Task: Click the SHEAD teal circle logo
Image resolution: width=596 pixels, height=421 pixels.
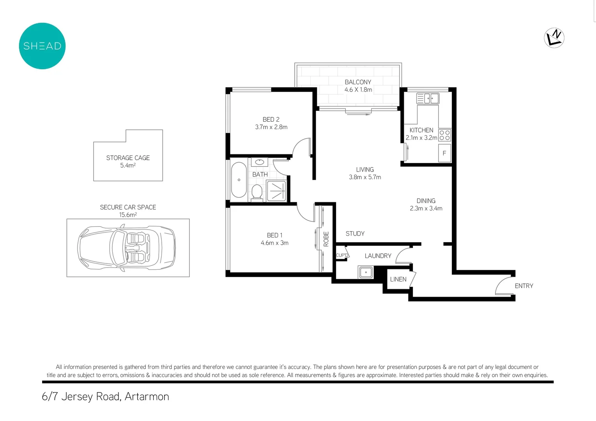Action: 42,46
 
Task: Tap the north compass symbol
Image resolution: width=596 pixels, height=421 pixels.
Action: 554,38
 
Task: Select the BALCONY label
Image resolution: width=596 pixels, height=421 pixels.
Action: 357,82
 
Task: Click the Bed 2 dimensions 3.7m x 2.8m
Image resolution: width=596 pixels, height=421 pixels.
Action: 271,127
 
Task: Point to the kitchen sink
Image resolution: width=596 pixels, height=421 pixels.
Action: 428,98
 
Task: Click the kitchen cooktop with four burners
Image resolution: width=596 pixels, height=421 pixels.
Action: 444,135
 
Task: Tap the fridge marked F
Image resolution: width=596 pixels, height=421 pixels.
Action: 444,153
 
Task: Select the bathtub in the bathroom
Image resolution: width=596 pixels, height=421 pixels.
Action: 239,180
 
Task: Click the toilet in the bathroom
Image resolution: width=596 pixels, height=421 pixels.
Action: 256,192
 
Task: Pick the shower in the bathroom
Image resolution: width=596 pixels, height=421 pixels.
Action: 276,191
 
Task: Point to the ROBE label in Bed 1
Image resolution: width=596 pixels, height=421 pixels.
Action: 326,239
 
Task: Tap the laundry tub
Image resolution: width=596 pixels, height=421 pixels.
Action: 366,272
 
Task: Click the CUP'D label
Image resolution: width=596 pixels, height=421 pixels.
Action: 342,255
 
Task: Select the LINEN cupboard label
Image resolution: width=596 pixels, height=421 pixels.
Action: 398,279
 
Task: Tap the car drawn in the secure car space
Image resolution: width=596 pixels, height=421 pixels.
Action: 126,248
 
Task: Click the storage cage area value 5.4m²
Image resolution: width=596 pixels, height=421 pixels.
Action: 128,165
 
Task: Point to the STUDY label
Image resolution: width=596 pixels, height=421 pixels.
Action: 355,233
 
